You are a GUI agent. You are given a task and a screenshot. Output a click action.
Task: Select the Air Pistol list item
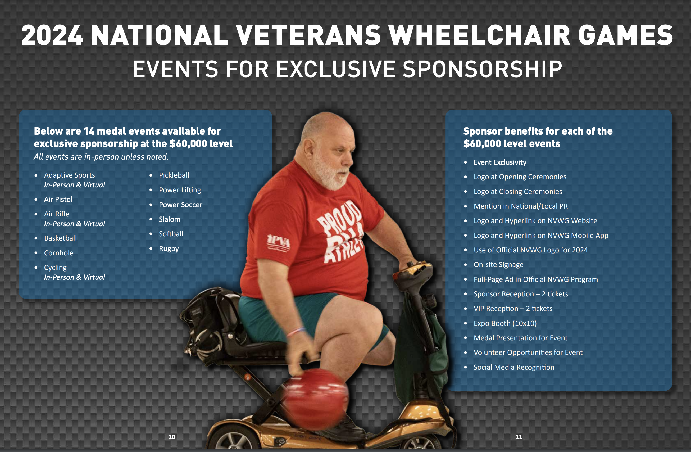[x=58, y=199]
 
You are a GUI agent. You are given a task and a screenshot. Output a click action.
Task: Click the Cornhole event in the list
[x=59, y=253]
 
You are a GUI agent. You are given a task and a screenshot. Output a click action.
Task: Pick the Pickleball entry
[x=174, y=175]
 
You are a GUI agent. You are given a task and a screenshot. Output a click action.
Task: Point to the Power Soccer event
[x=181, y=205]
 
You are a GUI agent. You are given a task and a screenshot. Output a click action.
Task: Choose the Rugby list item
[x=169, y=249]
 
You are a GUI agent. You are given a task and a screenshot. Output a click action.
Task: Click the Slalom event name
[x=170, y=219]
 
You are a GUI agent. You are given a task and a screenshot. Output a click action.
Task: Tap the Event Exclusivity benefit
[x=500, y=162]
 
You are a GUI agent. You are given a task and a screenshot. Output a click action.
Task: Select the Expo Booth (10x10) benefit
[x=505, y=323]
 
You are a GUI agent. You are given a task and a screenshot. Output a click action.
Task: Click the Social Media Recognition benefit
[x=514, y=367]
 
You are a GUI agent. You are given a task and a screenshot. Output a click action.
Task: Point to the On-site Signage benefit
[x=498, y=265]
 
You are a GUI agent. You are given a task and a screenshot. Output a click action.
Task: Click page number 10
[x=172, y=437]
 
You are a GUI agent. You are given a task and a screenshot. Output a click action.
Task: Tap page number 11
[x=519, y=437]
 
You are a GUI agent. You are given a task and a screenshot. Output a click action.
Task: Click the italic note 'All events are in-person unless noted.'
[x=101, y=157]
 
